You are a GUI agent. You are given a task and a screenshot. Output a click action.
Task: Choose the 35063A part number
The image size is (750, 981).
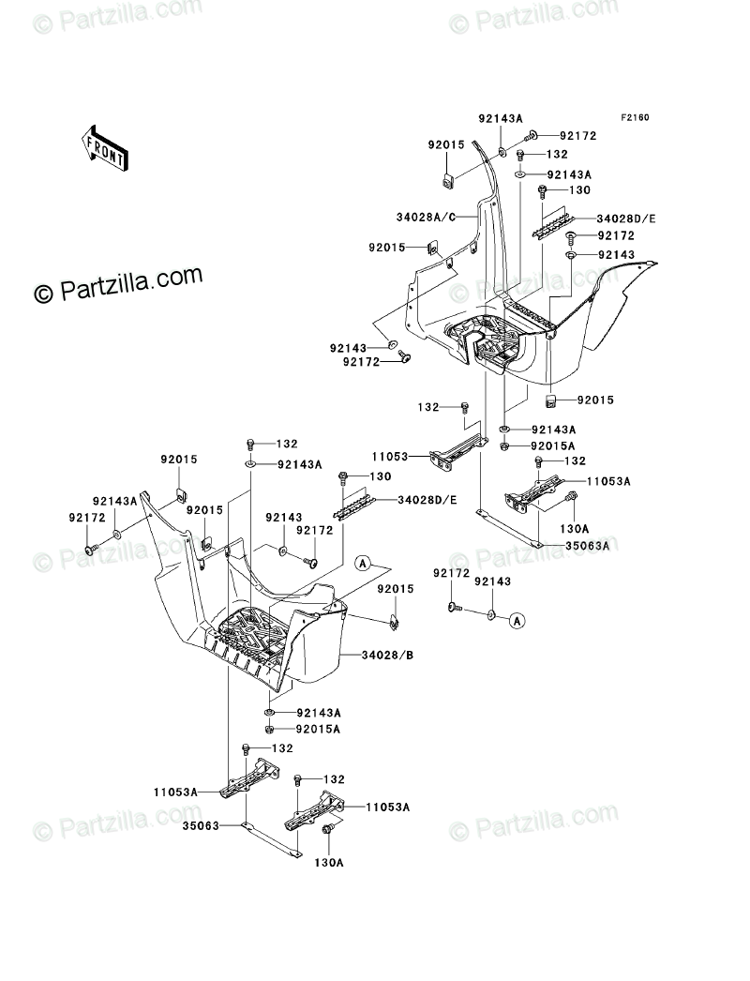(587, 544)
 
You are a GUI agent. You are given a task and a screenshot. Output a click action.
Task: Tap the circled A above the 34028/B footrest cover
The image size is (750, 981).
(363, 563)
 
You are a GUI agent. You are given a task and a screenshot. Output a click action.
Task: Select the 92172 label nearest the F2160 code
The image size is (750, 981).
(578, 136)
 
